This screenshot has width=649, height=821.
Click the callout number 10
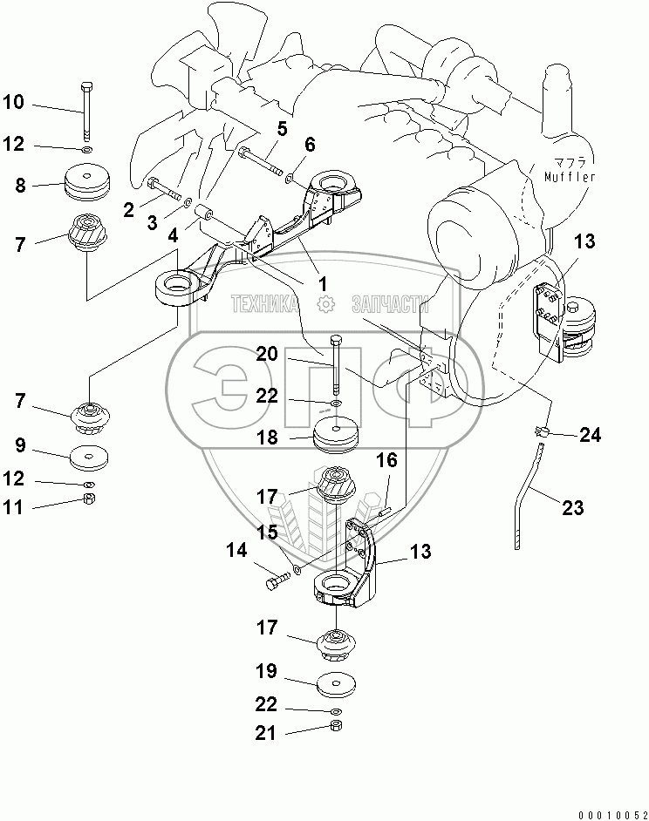pyautogui.click(x=14, y=103)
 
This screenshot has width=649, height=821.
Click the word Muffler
pyautogui.click(x=570, y=178)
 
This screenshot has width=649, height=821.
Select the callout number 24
pyautogui.click(x=591, y=434)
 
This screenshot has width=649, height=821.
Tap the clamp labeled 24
pyautogui.click(x=540, y=430)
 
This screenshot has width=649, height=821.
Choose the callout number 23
pyautogui.click(x=571, y=508)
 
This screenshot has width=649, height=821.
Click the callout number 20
pyautogui.click(x=267, y=353)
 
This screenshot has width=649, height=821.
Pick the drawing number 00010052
pyautogui.click(x=608, y=812)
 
